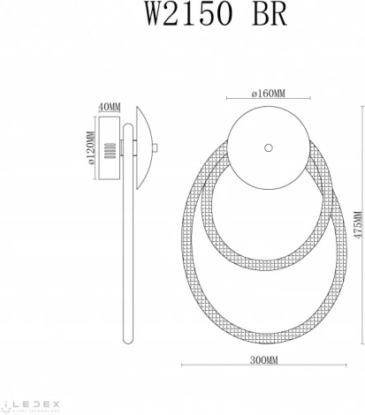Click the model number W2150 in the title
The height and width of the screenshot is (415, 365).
pyautogui.click(x=156, y=15)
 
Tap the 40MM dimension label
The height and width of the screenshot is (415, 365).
pyautogui.click(x=110, y=107)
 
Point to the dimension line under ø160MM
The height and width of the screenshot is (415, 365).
pyautogui.click(x=268, y=97)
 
